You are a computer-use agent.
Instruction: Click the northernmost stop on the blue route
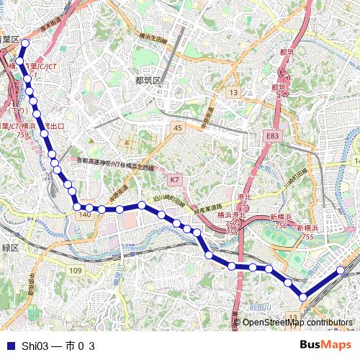[x=24, y=43]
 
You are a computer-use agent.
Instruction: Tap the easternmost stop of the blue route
[x=341, y=271]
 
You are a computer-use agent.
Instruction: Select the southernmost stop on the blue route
[x=303, y=297]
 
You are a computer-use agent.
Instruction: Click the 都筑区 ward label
[x=148, y=80]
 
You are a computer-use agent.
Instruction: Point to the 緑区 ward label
[x=9, y=247]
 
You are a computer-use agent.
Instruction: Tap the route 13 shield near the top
[x=233, y=93]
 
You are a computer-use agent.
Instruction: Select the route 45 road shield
[x=178, y=127]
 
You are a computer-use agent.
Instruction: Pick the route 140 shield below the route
[x=84, y=215]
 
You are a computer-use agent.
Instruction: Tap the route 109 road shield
[x=76, y=270]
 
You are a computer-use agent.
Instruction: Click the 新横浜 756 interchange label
[x=283, y=221]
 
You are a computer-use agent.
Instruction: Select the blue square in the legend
[x=9, y=346]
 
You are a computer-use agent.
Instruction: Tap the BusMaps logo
[x=326, y=345]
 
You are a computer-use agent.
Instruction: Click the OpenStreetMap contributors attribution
[x=297, y=323]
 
